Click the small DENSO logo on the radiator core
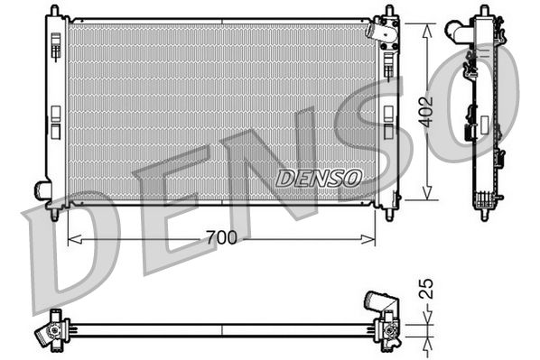tap(318, 178)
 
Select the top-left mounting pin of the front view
tap(56, 9)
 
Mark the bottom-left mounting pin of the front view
tap(56, 215)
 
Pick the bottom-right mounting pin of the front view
tap(388, 215)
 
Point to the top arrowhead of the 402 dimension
tap(428, 22)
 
